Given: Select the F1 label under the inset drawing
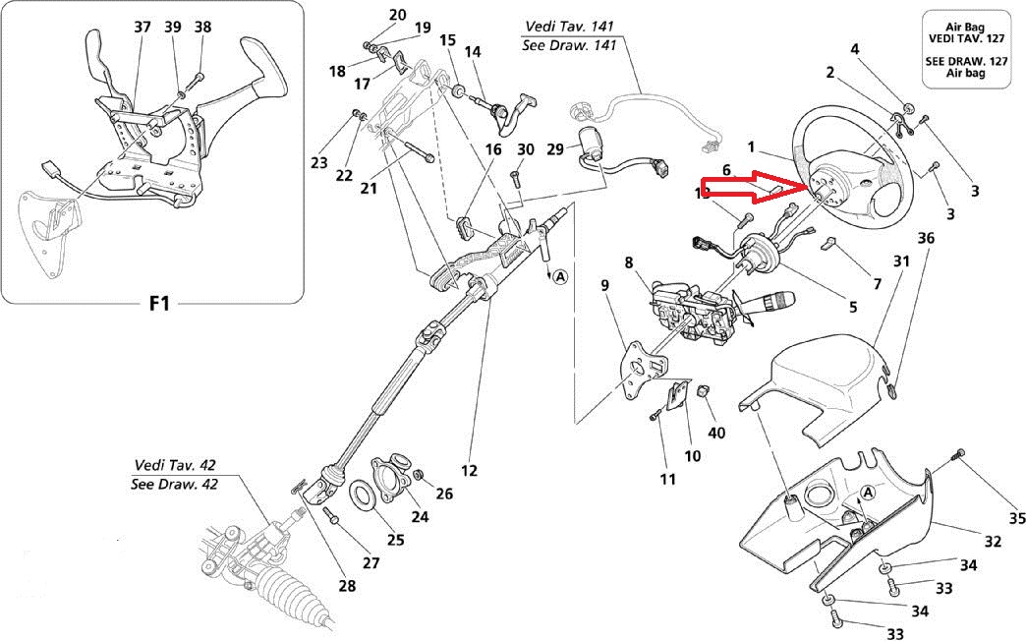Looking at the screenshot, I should pyautogui.click(x=159, y=303).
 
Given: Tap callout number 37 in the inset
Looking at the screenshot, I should pyautogui.click(x=142, y=27).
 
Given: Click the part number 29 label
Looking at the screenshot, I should pyautogui.click(x=555, y=148).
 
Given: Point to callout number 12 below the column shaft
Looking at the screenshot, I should pyautogui.click(x=469, y=471).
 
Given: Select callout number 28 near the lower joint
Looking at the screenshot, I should pyautogui.click(x=347, y=587).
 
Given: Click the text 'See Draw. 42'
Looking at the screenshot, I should pyautogui.click(x=174, y=484).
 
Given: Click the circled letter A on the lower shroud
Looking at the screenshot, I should pyautogui.click(x=868, y=492).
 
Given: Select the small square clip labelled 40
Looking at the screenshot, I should pyautogui.click(x=702, y=392).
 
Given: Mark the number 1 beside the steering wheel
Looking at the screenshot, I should pyautogui.click(x=751, y=147).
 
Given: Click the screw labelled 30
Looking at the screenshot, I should pyautogui.click(x=514, y=180).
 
